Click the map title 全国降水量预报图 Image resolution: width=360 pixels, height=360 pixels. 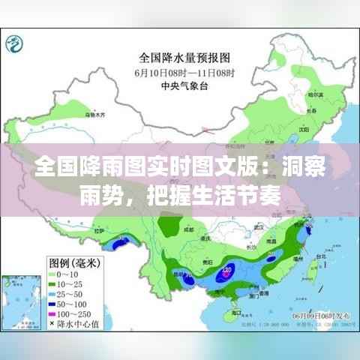[183, 56]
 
